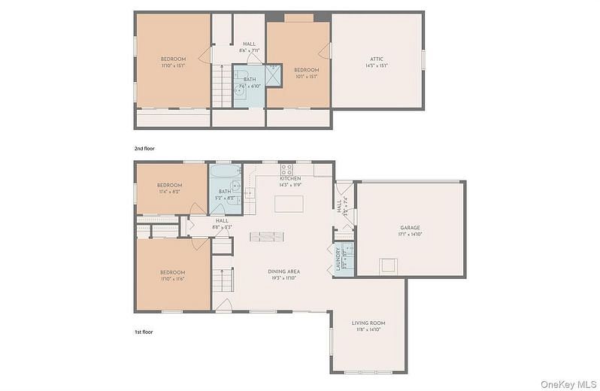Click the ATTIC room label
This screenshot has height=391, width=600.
pyautogui.click(x=377, y=59)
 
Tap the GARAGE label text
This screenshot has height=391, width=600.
pyautogui.click(x=410, y=227)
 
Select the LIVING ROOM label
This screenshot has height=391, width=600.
pyautogui.click(x=368, y=323)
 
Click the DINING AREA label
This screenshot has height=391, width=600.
pyautogui.click(x=284, y=271)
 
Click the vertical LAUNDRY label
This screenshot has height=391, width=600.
pyautogui.click(x=338, y=258)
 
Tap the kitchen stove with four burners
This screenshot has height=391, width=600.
pyautogui.click(x=286, y=168)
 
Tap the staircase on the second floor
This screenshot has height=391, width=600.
pyautogui.click(x=220, y=84)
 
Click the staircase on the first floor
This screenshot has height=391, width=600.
pyautogui.click(x=221, y=280)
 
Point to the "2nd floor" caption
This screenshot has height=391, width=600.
pyautogui.click(x=145, y=148)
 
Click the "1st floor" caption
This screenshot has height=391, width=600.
pyautogui.click(x=144, y=331)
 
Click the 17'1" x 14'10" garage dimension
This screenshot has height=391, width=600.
pyautogui.click(x=410, y=234)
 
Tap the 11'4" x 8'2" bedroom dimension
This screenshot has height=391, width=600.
pyautogui.click(x=169, y=192)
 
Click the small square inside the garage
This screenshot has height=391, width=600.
pyautogui.click(x=387, y=265)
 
